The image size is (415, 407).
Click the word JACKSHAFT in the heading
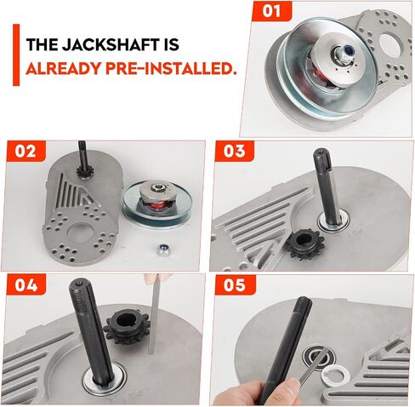pos(110,44)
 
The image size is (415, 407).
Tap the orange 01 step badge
pos(271,11)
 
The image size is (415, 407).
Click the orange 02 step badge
pos(26,151)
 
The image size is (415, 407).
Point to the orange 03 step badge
pos(234,151)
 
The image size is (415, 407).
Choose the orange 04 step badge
pos(26,284)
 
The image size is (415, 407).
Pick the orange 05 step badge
pos(235,284)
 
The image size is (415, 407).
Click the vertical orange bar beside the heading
pos(16,54)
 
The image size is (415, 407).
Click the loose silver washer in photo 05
pos(336,374)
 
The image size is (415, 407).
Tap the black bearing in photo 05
pos(319,358)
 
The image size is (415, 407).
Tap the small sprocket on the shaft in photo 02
pos(82,172)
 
